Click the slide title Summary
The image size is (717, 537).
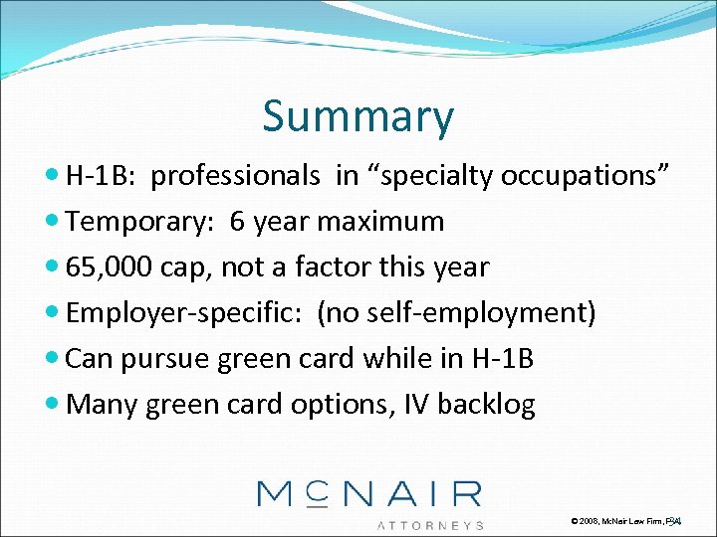click(358, 116)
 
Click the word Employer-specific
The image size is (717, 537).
click(186, 313)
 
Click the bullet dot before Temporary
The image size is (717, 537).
click(53, 222)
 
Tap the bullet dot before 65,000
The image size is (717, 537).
click(53, 268)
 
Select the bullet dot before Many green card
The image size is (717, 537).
click(53, 405)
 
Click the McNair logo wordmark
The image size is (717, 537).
click(369, 494)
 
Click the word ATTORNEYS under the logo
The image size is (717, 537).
click(431, 524)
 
